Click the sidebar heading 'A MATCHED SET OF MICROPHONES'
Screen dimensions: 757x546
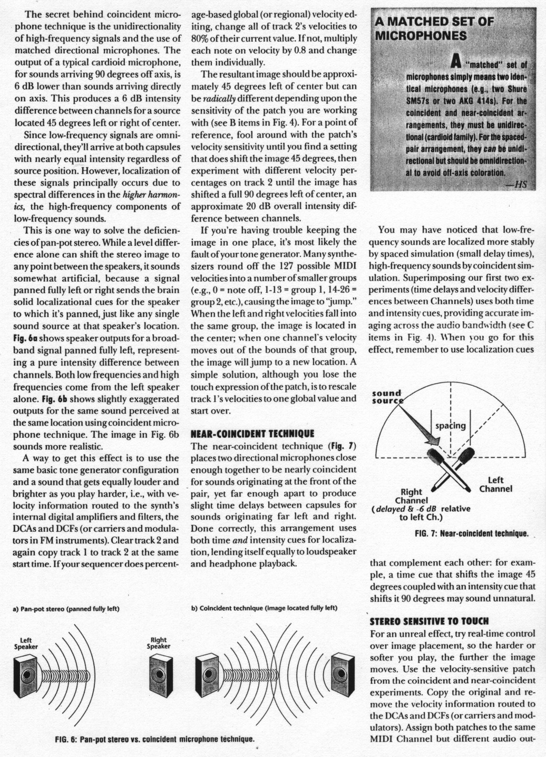pos(434,28)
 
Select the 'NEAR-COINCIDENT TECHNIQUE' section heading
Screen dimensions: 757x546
pos(252,434)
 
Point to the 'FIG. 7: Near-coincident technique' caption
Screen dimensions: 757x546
pos(472,534)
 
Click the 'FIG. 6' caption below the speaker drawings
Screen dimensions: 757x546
pos(155,738)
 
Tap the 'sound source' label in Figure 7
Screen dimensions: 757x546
pos(387,397)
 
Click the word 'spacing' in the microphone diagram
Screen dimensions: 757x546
pos(451,426)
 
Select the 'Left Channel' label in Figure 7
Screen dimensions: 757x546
pos(495,484)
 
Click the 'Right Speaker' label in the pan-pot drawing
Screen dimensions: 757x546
pos(158,643)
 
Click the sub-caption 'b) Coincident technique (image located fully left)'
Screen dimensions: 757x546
pos(264,608)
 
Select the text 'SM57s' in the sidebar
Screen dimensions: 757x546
pos(419,100)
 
